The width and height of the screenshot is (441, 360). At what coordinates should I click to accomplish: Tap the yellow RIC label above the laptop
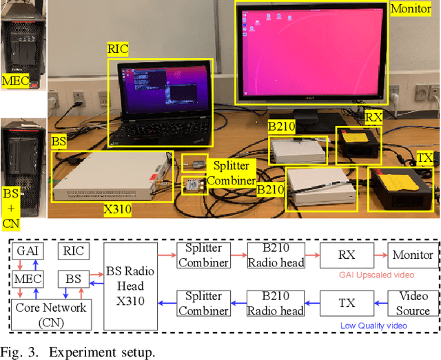(118, 50)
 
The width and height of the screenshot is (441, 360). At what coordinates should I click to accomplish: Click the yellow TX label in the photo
(425, 159)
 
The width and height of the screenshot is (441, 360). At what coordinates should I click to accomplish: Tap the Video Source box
(413, 304)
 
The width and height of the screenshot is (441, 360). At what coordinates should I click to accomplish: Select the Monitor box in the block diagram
(413, 255)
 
